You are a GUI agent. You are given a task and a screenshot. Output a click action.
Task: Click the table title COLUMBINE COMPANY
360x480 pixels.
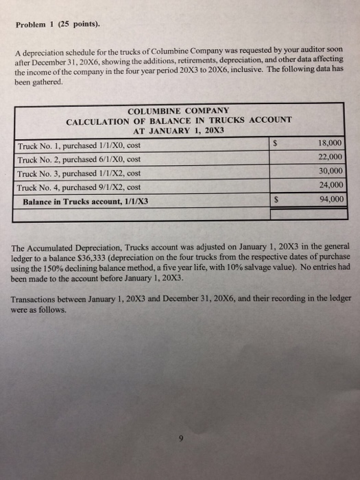pos(178,110)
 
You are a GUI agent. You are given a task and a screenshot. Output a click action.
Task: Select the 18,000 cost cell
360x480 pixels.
pos(331,143)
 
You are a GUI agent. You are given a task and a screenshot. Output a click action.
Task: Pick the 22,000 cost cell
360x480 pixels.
pos(331,158)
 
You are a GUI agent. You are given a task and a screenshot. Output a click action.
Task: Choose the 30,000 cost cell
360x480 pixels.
pos(331,172)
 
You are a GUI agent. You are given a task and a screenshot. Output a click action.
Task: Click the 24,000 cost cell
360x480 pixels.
pos(331,187)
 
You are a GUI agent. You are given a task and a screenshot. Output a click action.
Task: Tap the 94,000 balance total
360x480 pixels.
pos(331,201)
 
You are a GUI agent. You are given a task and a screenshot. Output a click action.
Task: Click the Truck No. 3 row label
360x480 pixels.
pos(81,174)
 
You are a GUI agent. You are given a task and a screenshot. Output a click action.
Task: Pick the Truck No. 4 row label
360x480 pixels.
pos(81,188)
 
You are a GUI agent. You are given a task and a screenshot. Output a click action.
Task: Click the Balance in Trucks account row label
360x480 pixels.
pos(86,202)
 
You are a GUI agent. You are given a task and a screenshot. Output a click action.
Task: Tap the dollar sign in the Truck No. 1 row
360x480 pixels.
pos(275,144)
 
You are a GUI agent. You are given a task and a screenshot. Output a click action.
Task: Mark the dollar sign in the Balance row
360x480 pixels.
pos(275,202)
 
